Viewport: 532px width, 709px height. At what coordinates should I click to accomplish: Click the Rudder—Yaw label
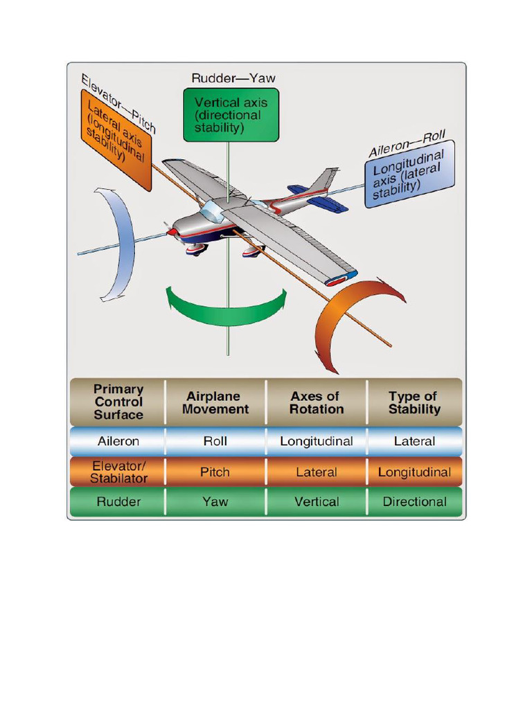(233, 78)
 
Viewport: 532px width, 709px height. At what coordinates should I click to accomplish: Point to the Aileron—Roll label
(407, 142)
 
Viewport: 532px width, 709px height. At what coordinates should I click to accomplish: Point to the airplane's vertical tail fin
(323, 181)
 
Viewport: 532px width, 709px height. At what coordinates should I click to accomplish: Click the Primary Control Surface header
(118, 402)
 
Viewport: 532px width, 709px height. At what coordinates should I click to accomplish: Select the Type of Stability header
(414, 402)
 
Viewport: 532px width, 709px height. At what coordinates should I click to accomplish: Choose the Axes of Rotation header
(317, 402)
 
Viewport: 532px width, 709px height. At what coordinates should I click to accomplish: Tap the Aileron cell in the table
(118, 441)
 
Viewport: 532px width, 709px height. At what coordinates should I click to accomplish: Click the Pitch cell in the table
(215, 472)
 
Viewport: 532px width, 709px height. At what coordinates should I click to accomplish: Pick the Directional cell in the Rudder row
(414, 502)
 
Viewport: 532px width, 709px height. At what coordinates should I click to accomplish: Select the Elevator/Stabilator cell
(118, 472)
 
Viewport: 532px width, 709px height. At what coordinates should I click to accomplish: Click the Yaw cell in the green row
(215, 502)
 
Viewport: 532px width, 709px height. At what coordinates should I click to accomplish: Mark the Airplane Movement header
(215, 402)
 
